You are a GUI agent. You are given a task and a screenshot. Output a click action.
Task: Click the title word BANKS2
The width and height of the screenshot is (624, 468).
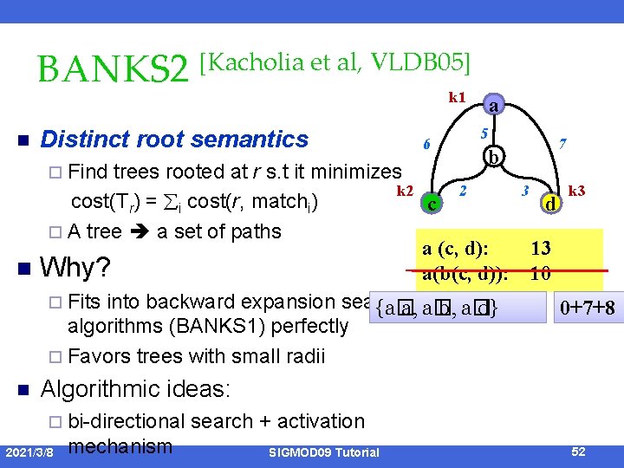[x=113, y=71]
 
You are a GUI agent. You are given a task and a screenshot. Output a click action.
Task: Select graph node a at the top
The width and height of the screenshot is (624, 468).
[x=492, y=106]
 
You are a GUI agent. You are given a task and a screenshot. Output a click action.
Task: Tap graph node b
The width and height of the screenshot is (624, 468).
[x=492, y=158]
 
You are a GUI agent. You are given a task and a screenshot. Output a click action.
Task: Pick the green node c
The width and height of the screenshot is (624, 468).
[x=432, y=205]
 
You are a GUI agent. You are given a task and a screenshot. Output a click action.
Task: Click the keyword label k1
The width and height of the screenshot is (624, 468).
[x=458, y=97]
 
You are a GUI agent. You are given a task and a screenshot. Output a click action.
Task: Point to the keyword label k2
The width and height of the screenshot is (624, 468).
[x=404, y=190]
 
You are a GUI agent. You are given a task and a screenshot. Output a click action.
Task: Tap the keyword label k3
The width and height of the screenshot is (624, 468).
[x=576, y=190]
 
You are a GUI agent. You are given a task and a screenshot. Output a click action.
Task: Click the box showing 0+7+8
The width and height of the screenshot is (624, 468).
[x=587, y=308]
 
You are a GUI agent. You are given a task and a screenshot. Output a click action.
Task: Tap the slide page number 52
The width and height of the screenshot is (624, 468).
[x=580, y=452]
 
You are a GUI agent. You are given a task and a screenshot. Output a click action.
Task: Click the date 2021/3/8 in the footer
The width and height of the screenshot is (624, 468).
[x=30, y=452]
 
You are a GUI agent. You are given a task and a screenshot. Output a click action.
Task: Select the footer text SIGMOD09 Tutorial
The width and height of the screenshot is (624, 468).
[x=323, y=452]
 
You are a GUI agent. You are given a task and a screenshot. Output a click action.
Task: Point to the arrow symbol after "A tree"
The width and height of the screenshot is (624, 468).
[x=139, y=232]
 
